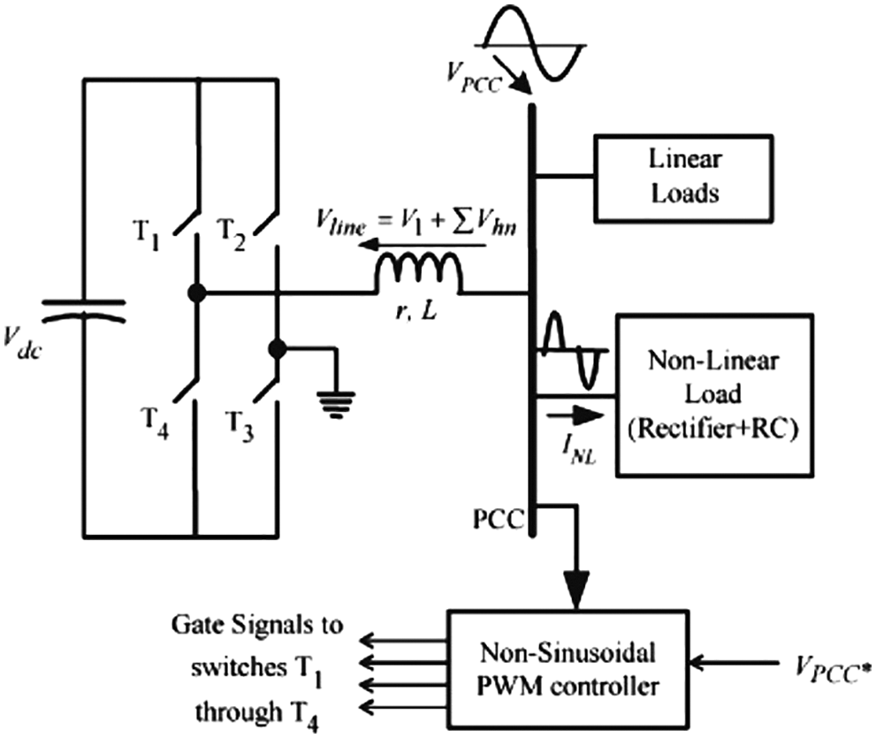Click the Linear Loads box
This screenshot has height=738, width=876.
pyautogui.click(x=673, y=176)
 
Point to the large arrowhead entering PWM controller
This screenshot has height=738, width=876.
pyautogui.click(x=575, y=588)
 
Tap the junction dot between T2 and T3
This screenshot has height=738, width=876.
pyautogui.click(x=277, y=349)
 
